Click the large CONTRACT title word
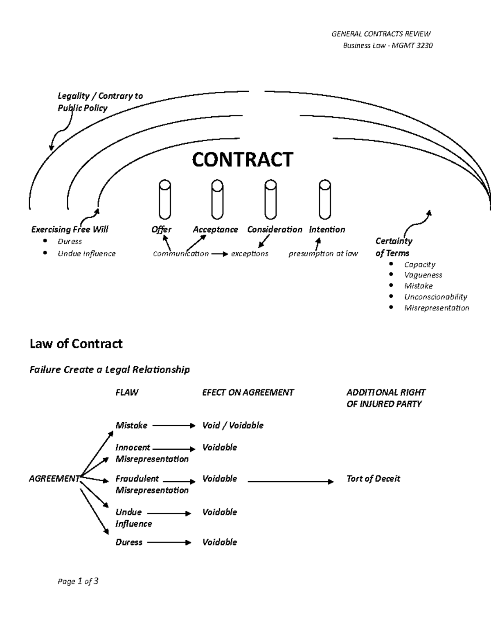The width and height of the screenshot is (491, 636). click(242, 159)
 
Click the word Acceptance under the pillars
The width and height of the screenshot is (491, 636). click(215, 229)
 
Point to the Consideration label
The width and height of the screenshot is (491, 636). click(275, 229)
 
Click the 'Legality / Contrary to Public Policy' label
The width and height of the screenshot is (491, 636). click(100, 102)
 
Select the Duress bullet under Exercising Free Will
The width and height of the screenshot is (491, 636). click(70, 241)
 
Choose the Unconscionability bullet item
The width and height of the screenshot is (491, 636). click(435, 296)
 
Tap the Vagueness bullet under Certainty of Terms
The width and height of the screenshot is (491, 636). click(423, 275)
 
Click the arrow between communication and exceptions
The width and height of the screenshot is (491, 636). click(219, 254)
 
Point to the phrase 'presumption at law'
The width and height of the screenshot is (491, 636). click(323, 253)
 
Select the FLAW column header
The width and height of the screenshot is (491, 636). click(127, 392)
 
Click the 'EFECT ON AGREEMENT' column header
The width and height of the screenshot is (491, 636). click(248, 392)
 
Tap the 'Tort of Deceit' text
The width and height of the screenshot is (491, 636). click(373, 478)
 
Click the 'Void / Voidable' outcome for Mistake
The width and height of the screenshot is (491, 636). click(232, 425)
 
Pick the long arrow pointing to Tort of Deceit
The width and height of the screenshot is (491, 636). click(291, 482)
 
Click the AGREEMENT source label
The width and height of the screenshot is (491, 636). click(54, 478)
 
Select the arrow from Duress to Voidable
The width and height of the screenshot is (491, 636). click(169, 543)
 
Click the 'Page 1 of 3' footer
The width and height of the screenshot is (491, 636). click(78, 581)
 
